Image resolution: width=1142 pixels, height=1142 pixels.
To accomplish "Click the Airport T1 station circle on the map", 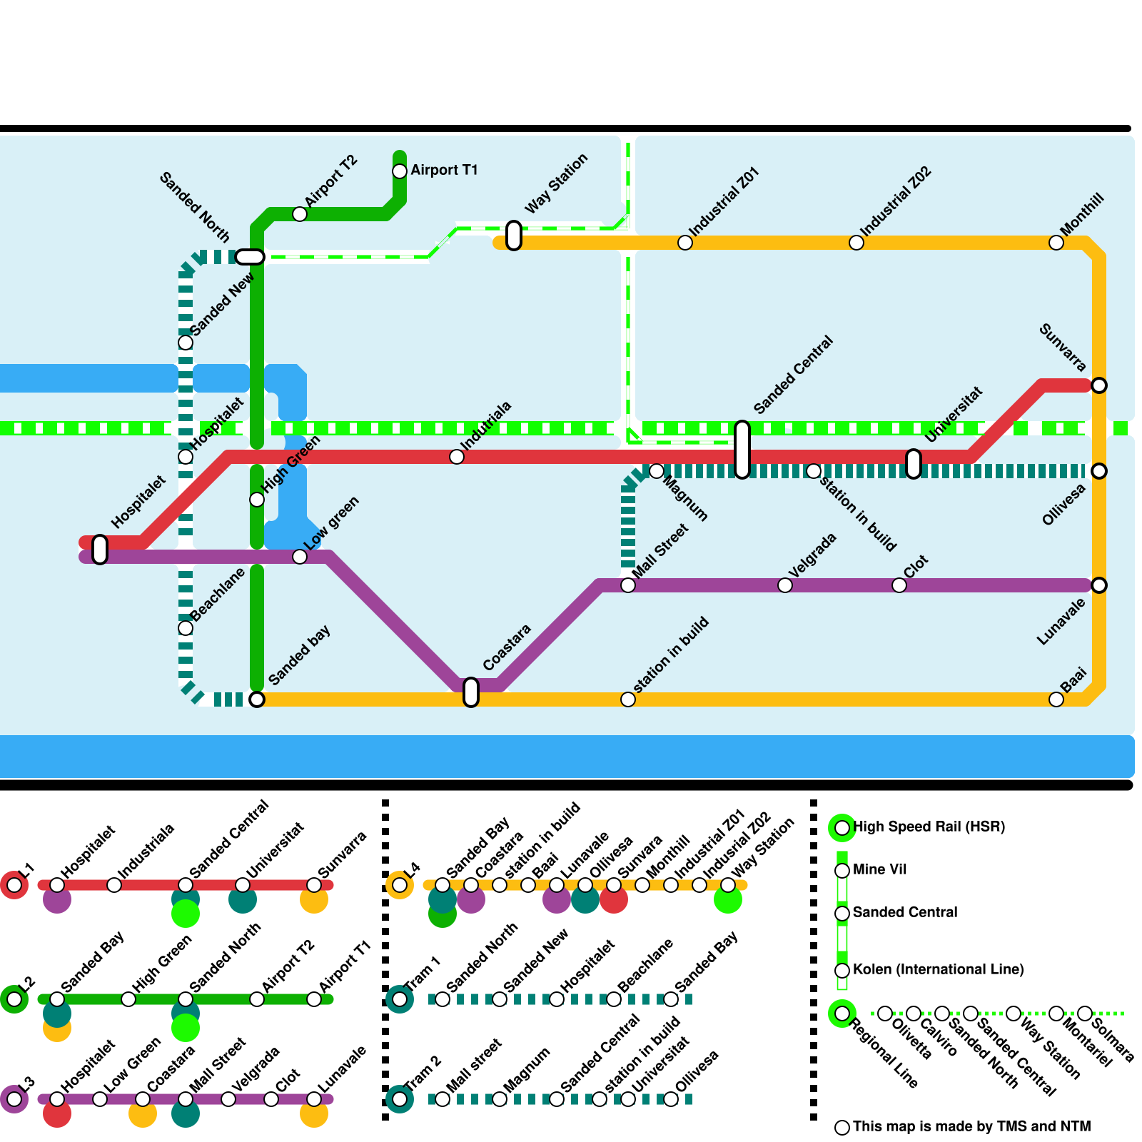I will point(400,171).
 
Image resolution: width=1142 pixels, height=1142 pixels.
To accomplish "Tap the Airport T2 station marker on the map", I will point(300,214).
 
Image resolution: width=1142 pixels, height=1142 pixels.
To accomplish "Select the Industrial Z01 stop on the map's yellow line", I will point(685,243).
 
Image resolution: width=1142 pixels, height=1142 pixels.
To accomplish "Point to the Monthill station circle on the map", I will point(1056,243).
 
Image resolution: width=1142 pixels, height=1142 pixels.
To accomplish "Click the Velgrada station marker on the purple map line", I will point(785,585).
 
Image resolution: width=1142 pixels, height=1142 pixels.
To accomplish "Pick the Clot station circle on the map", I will point(899,585).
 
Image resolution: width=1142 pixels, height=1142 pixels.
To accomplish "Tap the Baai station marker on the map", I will point(1056,699).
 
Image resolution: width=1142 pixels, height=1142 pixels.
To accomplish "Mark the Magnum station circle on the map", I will point(657,471).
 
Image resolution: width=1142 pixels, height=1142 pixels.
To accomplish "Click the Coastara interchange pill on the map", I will point(471,692).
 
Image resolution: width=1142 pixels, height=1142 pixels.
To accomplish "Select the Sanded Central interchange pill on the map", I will point(742,450).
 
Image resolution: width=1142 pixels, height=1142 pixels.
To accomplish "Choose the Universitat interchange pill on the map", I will point(914,464).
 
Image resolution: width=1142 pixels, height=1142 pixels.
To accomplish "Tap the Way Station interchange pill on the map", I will point(514,236).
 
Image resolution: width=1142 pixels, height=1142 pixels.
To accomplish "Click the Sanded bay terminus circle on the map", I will point(257,699).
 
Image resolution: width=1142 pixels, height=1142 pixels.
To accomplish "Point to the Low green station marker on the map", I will point(300,557).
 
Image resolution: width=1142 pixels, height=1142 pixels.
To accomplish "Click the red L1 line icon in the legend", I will point(14,885).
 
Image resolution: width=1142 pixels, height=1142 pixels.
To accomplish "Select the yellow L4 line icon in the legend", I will point(400,885).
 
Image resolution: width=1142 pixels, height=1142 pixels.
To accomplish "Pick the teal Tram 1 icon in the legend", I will point(400,999).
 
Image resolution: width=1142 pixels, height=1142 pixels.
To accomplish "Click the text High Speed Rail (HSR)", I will point(929,827).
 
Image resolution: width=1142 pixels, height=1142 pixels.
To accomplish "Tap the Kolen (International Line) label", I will point(938,969).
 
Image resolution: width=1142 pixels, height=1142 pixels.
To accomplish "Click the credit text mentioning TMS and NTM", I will point(971,1126).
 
